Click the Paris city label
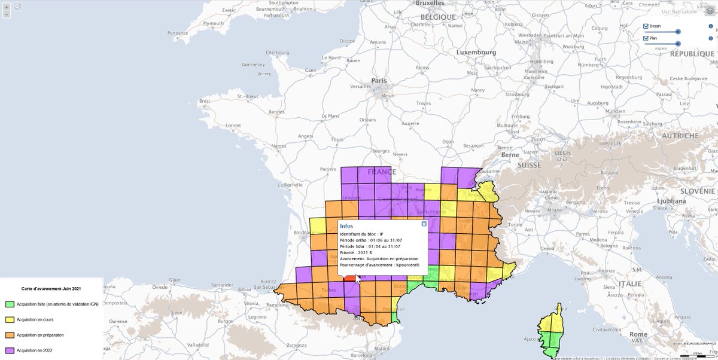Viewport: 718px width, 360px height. click(x=379, y=81)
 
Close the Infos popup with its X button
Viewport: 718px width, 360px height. click(x=424, y=224)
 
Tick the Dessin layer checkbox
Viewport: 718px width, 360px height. click(x=646, y=26)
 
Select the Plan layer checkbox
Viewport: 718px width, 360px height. click(x=646, y=38)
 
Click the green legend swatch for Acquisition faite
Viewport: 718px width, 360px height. click(x=9, y=304)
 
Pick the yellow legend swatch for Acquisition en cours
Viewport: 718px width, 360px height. click(x=9, y=319)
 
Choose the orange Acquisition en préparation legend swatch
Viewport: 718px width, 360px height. click(x=9, y=335)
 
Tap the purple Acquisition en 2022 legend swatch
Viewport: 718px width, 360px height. click(x=9, y=350)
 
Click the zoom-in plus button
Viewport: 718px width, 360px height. click(x=7, y=7)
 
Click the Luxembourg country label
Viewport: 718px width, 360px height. click(x=476, y=53)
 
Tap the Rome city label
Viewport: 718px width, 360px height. click(x=638, y=334)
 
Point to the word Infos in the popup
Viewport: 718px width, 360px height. click(x=346, y=226)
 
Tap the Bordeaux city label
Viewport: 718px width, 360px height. click(x=302, y=230)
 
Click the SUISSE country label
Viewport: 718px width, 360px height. click(x=529, y=165)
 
